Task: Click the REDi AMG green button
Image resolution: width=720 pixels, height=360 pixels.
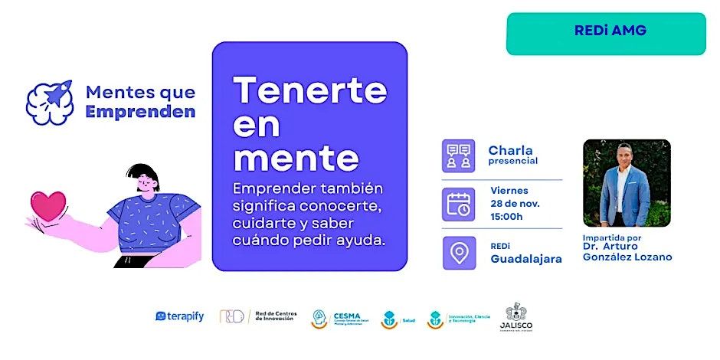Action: click(606, 33)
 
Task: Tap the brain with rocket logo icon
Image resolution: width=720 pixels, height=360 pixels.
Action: click(50, 102)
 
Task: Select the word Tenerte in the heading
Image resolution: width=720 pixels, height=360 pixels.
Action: click(310, 92)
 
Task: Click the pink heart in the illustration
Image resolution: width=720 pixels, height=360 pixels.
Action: click(47, 206)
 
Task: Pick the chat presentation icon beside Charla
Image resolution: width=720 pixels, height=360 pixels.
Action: click(459, 155)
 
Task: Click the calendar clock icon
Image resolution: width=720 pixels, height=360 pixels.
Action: click(459, 204)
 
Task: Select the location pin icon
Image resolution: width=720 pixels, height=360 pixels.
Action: click(459, 254)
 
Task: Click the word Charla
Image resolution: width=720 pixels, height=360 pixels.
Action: click(510, 150)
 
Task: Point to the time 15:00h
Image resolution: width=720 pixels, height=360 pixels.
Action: click(506, 216)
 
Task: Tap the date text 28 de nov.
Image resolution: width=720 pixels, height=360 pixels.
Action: click(515, 204)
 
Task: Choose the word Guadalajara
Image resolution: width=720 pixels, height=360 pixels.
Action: click(526, 259)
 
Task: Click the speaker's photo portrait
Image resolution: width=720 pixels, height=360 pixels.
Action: click(627, 183)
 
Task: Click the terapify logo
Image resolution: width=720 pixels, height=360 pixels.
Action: click(180, 316)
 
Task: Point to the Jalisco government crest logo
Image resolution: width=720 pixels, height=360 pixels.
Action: click(519, 316)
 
